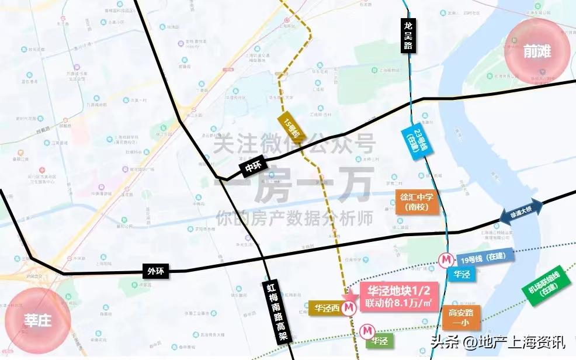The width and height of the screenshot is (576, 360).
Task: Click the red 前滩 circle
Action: (x=536, y=52)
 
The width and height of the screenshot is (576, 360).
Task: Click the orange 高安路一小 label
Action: (x=461, y=318)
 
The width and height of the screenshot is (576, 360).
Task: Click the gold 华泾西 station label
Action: (x=326, y=307)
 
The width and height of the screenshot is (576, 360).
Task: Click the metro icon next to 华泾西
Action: (x=349, y=307)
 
